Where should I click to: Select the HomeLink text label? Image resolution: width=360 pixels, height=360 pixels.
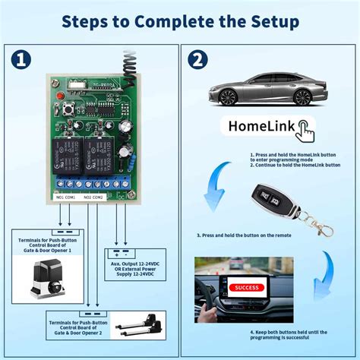257,126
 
